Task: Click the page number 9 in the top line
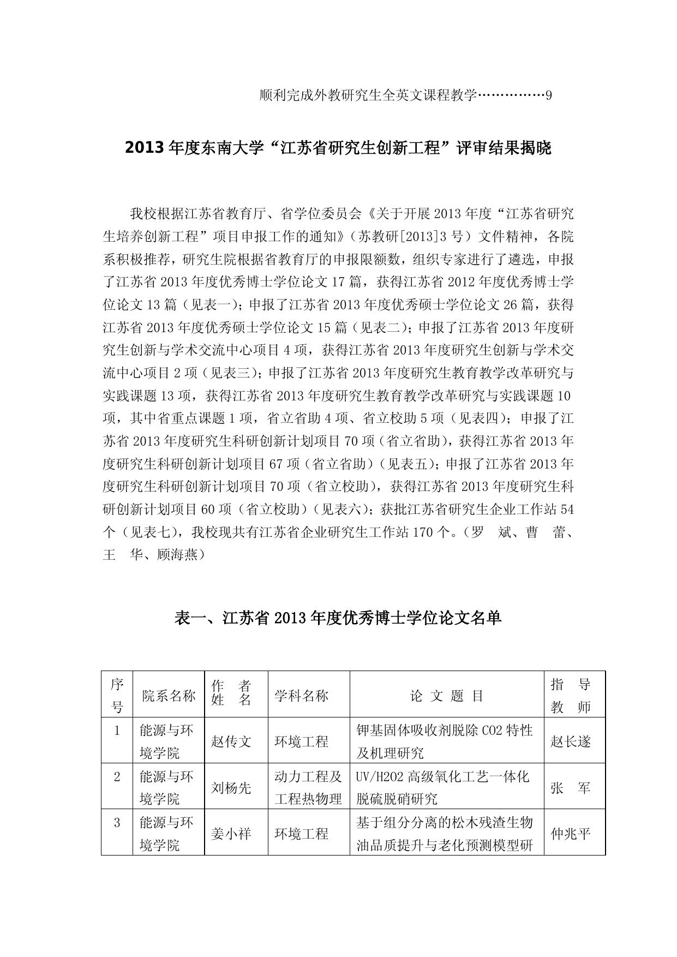point(549,95)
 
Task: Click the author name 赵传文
point(231,741)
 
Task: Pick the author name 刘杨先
point(231,787)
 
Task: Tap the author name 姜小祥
point(231,833)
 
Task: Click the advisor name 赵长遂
point(571,741)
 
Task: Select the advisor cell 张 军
point(571,787)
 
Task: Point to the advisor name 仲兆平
point(571,833)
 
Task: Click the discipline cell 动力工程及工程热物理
point(308,787)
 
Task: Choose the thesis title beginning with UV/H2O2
point(442,787)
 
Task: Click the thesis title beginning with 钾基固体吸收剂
point(445,741)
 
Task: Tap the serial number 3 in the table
point(117,822)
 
